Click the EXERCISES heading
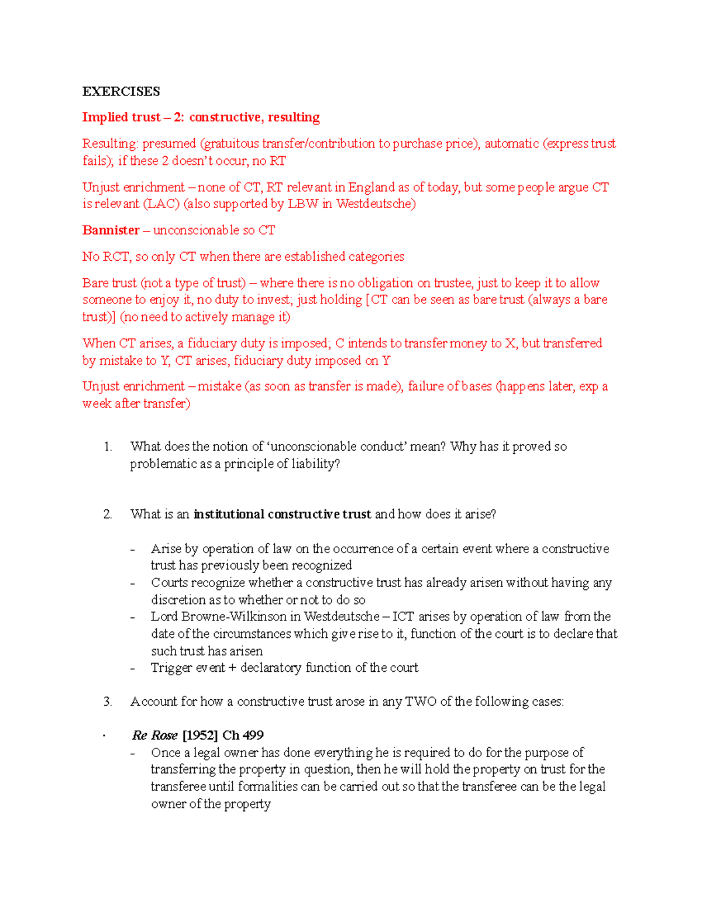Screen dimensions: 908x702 (x=121, y=91)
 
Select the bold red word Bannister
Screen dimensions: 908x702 (x=111, y=230)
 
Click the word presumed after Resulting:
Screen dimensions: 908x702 (x=168, y=144)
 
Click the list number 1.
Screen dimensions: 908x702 (x=108, y=447)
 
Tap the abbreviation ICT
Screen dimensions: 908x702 (x=403, y=617)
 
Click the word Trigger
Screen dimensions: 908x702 (x=171, y=668)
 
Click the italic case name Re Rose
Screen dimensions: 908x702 (x=154, y=736)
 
